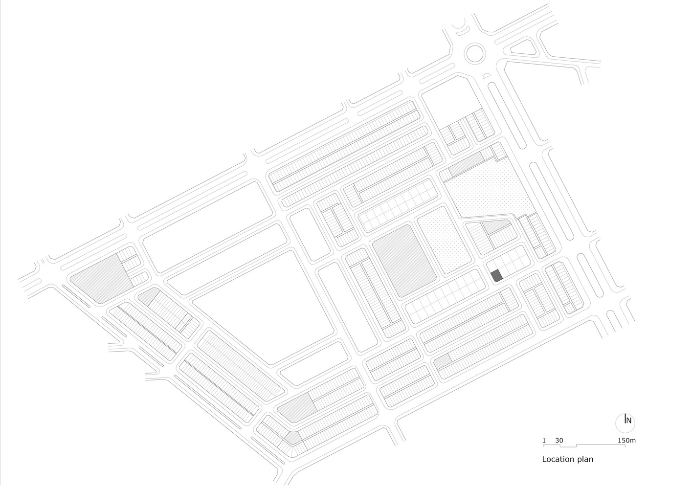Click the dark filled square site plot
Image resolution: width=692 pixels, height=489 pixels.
pyautogui.click(x=497, y=275)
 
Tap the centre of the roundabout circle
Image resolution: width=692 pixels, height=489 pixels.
pyautogui.click(x=474, y=53)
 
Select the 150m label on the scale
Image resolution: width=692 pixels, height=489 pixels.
pyautogui.click(x=627, y=441)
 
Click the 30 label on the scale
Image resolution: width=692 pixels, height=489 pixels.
pyautogui.click(x=559, y=441)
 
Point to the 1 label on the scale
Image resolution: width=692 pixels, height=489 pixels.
pyautogui.click(x=544, y=441)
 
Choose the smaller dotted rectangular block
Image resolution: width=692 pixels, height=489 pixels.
pyautogui.click(x=445, y=240)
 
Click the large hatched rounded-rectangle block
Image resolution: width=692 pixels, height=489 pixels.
pyautogui.click(x=403, y=261)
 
